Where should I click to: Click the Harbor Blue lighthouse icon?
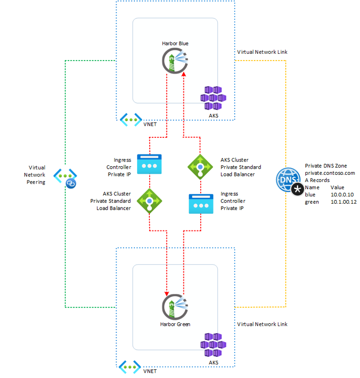[175, 62]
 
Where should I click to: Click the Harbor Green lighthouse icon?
[175, 306]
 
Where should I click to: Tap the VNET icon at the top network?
[131, 119]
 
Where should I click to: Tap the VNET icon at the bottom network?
[131, 366]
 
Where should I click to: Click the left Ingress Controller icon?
[149, 164]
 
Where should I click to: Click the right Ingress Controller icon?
[201, 204]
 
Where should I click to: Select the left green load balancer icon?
[149, 200]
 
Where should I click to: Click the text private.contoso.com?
[329, 173]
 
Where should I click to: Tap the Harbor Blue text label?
[175, 43]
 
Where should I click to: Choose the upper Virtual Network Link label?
[262, 52]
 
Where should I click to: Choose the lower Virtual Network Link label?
[262, 324]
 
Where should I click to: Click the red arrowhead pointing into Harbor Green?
[167, 294]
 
